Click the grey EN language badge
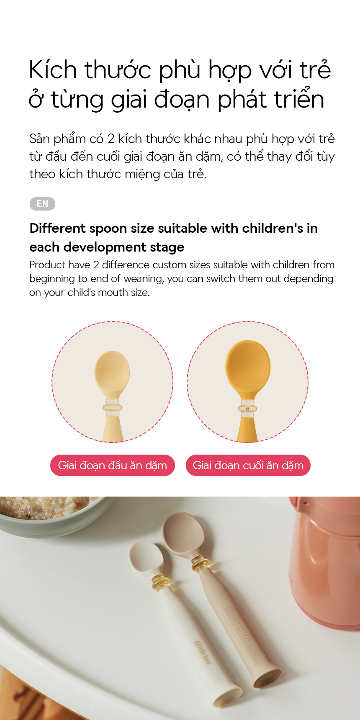42,204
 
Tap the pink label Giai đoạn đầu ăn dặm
112,465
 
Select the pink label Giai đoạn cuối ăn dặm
248,465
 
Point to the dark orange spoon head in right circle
248,366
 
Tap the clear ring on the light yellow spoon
113,407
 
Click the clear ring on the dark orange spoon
248,408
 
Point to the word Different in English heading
57,228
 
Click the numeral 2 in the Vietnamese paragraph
111,139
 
